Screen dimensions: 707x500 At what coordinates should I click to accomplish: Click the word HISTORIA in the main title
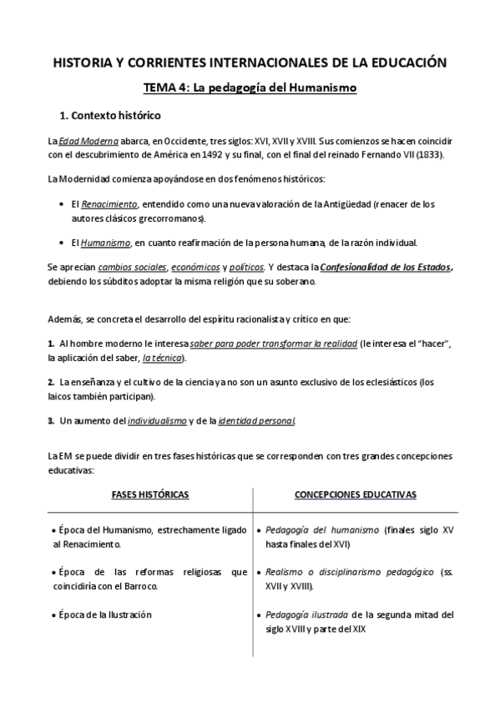click(82, 62)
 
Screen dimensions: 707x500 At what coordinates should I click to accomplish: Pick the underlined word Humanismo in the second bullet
click(105, 243)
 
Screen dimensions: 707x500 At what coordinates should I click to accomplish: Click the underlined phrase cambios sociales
click(132, 267)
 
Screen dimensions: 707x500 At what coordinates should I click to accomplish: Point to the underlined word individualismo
click(157, 421)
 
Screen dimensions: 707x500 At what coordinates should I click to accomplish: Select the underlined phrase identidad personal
click(256, 421)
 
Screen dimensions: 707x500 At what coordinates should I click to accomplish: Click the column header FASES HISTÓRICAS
click(150, 494)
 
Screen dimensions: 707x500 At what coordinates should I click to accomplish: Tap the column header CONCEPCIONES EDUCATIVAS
click(356, 494)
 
